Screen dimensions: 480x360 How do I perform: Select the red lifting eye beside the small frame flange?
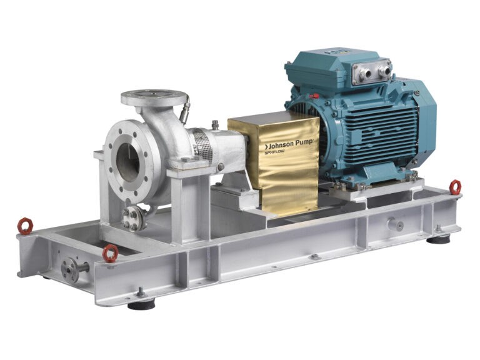[x=110, y=253]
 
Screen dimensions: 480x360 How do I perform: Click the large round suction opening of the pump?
[x=127, y=162]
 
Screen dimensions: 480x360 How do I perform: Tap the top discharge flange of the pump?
[x=153, y=97]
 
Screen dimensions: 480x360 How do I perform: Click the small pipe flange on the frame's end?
[x=69, y=269]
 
